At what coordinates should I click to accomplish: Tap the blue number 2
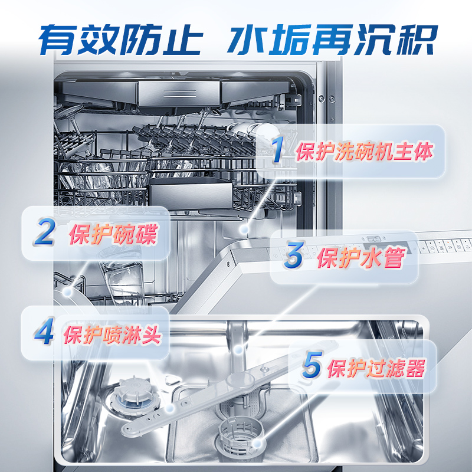[45, 232]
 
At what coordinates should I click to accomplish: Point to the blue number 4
[43, 332]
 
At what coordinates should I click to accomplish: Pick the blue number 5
[311, 366]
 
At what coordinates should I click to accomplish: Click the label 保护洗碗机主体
[365, 152]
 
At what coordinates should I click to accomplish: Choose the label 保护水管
[360, 258]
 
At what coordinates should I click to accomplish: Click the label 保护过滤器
[376, 368]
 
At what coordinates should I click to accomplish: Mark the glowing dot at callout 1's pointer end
[243, 228]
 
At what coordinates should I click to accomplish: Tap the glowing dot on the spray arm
[169, 408]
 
